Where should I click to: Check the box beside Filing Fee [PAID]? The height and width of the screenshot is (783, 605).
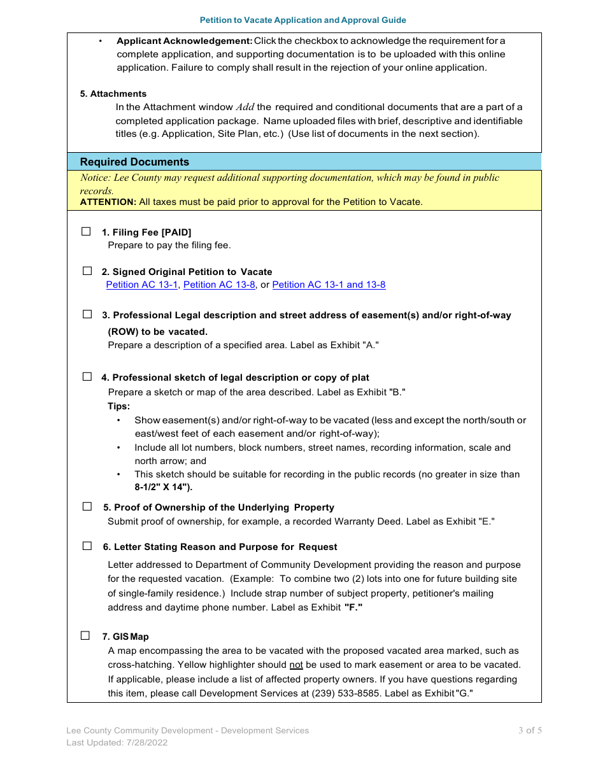tap(86, 232)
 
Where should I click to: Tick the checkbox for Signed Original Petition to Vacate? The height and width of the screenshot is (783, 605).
tap(87, 271)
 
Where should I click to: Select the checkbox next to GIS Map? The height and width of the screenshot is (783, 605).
tap(85, 636)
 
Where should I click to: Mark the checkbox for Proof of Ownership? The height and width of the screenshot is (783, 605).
tap(87, 507)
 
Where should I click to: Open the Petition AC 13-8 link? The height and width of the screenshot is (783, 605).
tap(219, 285)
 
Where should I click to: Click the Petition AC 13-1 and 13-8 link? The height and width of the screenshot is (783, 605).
tap(329, 285)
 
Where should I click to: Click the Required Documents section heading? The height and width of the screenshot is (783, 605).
tap(134, 162)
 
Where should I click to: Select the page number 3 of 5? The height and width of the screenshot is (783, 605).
tap(530, 730)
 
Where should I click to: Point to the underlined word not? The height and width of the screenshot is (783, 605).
tap(296, 665)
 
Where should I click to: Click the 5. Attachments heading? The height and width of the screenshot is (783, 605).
tap(113, 94)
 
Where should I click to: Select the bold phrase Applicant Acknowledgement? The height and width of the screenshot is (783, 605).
tap(185, 41)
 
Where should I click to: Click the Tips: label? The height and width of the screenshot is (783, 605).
tap(119, 406)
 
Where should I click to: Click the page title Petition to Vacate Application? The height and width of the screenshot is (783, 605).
tap(302, 20)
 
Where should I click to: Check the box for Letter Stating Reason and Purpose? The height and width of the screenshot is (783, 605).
tap(87, 546)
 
